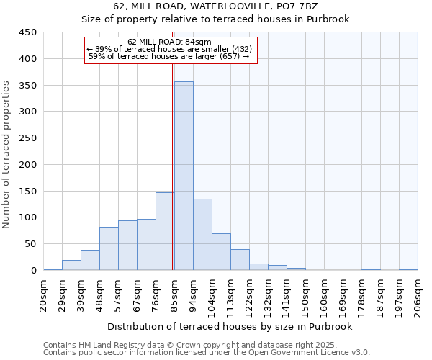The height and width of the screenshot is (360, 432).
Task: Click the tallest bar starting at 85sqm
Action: (x=184, y=176)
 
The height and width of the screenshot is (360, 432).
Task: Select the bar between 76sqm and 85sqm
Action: (x=165, y=231)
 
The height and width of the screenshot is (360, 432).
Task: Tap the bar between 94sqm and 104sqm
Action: (x=202, y=234)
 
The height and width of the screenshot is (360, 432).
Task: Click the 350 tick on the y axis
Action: (x=28, y=86)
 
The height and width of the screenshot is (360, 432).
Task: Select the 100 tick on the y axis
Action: (x=28, y=217)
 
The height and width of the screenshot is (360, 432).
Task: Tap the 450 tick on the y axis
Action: (x=28, y=32)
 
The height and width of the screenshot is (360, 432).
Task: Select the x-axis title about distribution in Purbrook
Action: (x=230, y=326)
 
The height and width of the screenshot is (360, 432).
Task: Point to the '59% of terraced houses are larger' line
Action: (x=169, y=55)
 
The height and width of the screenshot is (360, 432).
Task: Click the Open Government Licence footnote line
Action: (x=207, y=353)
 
